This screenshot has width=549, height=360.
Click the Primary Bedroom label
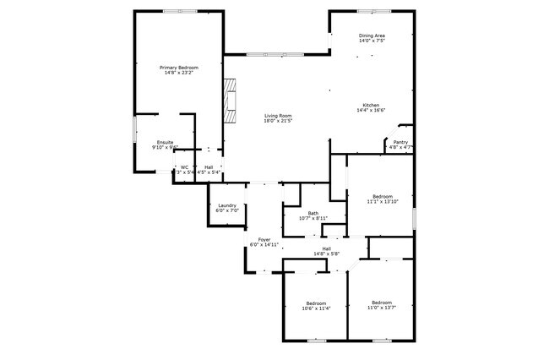pyautogui.click(x=178, y=67)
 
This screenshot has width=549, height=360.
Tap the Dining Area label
pyautogui.click(x=372, y=35)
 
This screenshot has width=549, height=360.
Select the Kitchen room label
pyautogui.click(x=371, y=105)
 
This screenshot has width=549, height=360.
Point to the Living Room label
pyautogui.click(x=278, y=116)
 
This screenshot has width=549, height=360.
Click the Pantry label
pyautogui.click(x=400, y=142)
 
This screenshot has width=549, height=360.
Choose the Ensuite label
pyautogui.click(x=165, y=142)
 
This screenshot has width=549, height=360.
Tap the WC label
pyautogui.click(x=184, y=166)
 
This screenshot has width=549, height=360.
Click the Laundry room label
pyautogui.click(x=226, y=205)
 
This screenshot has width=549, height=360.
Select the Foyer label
pyautogui.click(x=264, y=239)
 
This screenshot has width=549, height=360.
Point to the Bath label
pyautogui.click(x=313, y=213)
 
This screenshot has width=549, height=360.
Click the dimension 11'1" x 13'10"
pyautogui.click(x=381, y=202)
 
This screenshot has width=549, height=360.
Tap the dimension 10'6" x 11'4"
pyautogui.click(x=316, y=308)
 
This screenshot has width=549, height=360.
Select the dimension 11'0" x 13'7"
pyautogui.click(x=382, y=308)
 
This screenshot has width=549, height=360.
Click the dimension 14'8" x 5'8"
pyautogui.click(x=326, y=254)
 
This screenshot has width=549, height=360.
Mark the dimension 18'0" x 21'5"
pyautogui.click(x=278, y=121)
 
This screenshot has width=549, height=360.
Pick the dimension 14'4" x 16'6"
pyautogui.click(x=371, y=110)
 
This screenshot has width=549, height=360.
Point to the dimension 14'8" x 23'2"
pyautogui.click(x=178, y=72)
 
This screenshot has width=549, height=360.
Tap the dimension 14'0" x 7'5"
pyautogui.click(x=372, y=41)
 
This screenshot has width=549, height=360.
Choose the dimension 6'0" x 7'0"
pyautogui.click(x=226, y=210)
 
